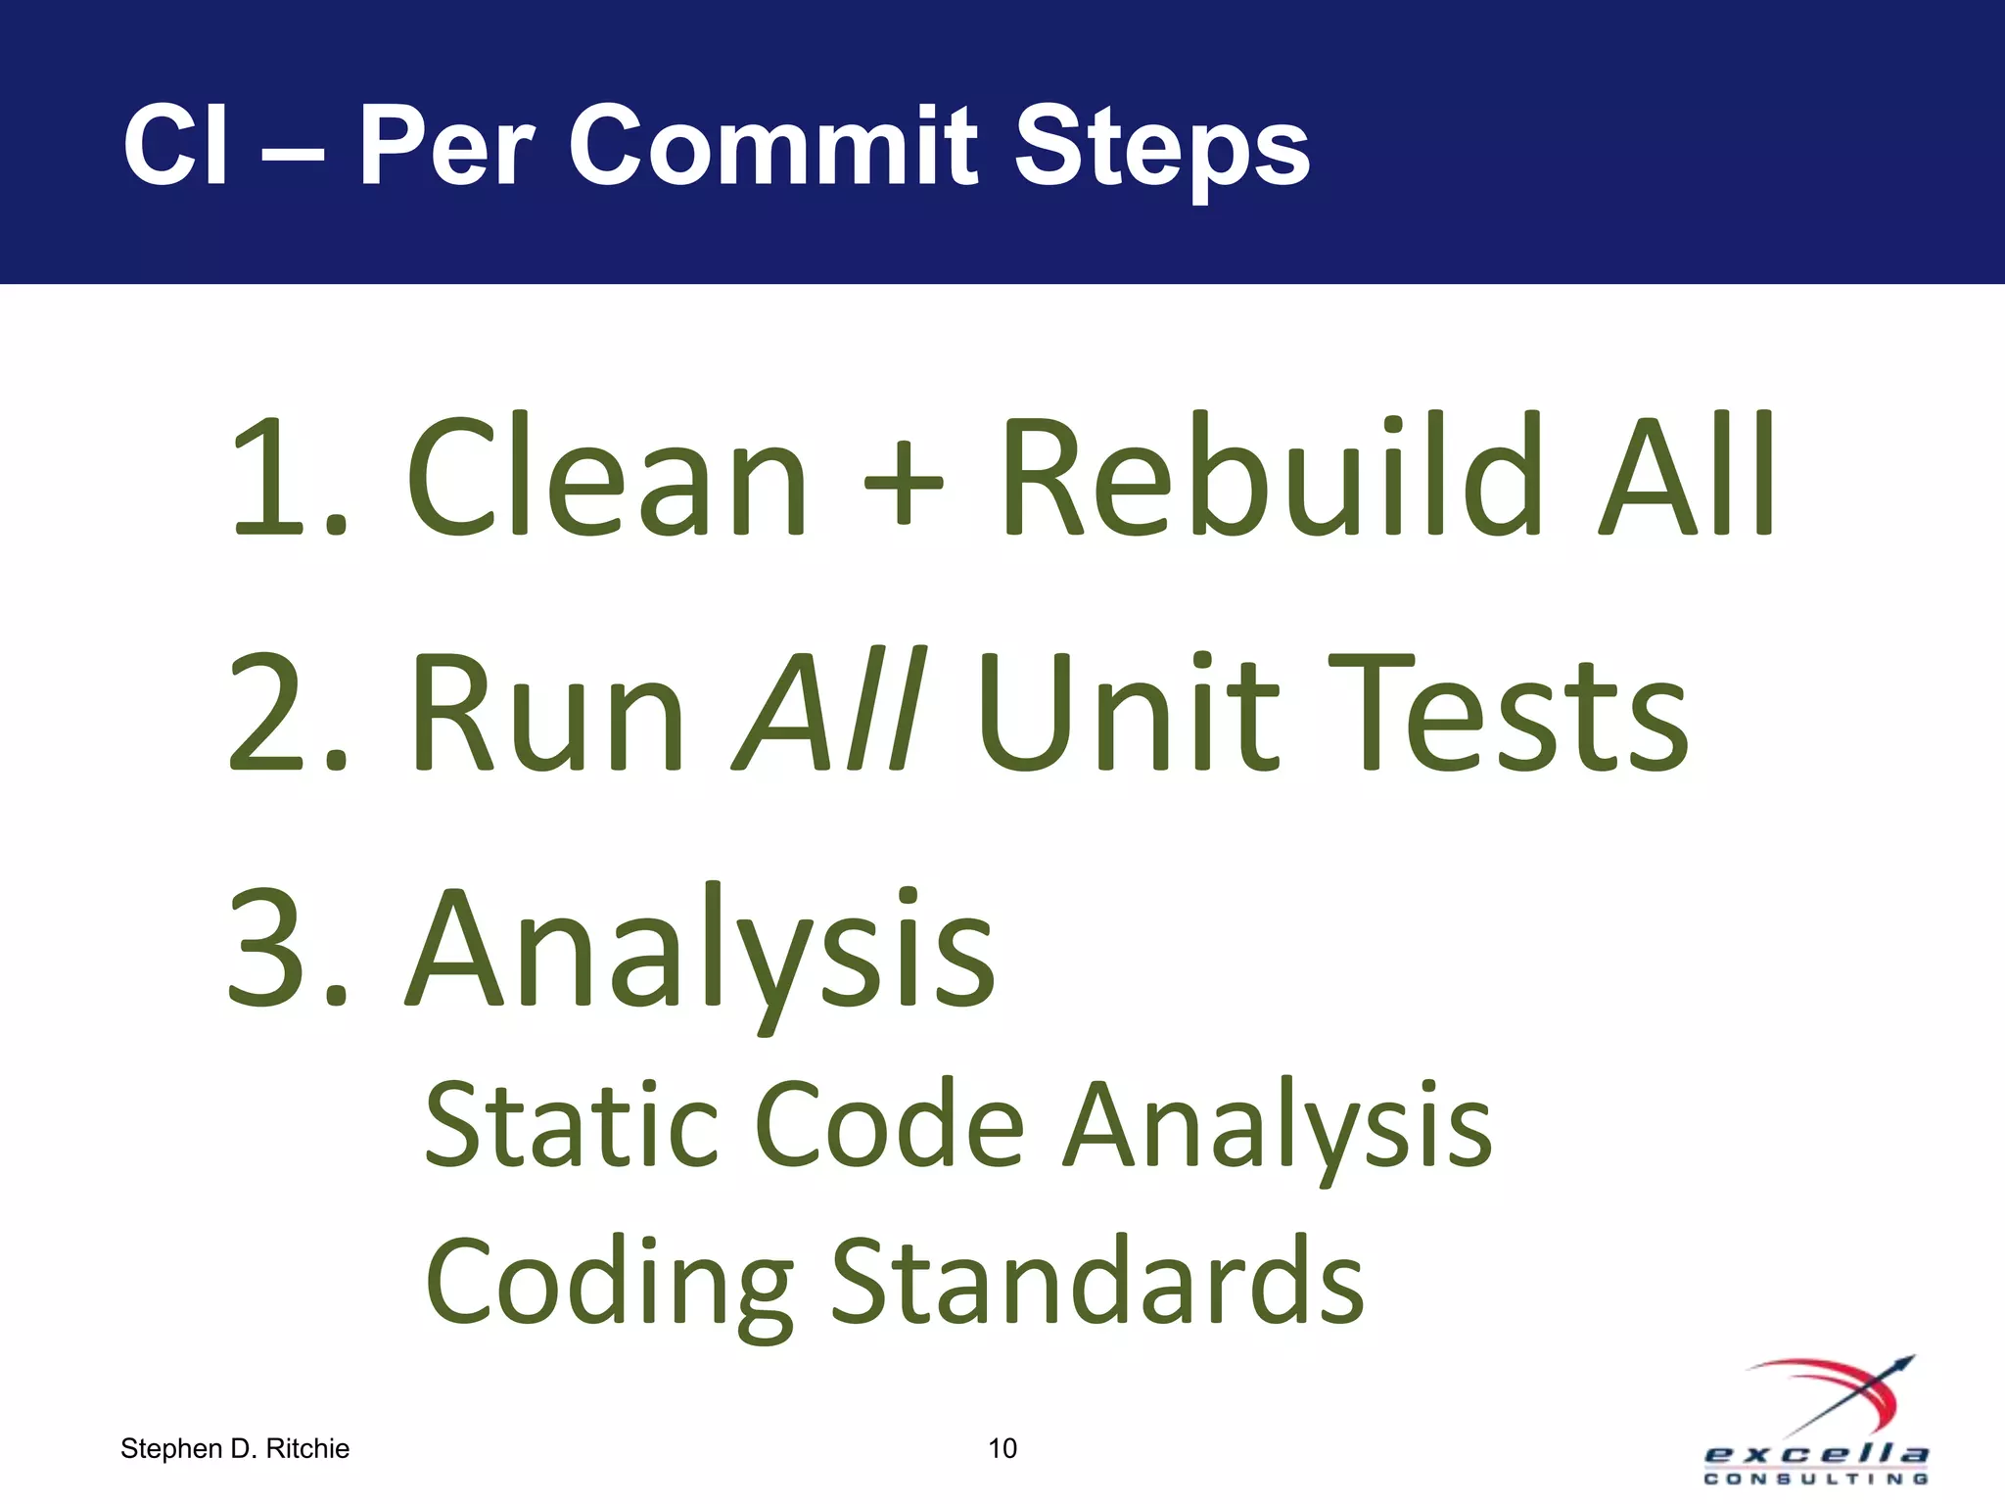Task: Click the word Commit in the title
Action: pos(773,147)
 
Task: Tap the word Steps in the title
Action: pos(1161,149)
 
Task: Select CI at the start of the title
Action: pos(176,147)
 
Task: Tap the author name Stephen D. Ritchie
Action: pos(235,1448)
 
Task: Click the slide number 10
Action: pos(1002,1448)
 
